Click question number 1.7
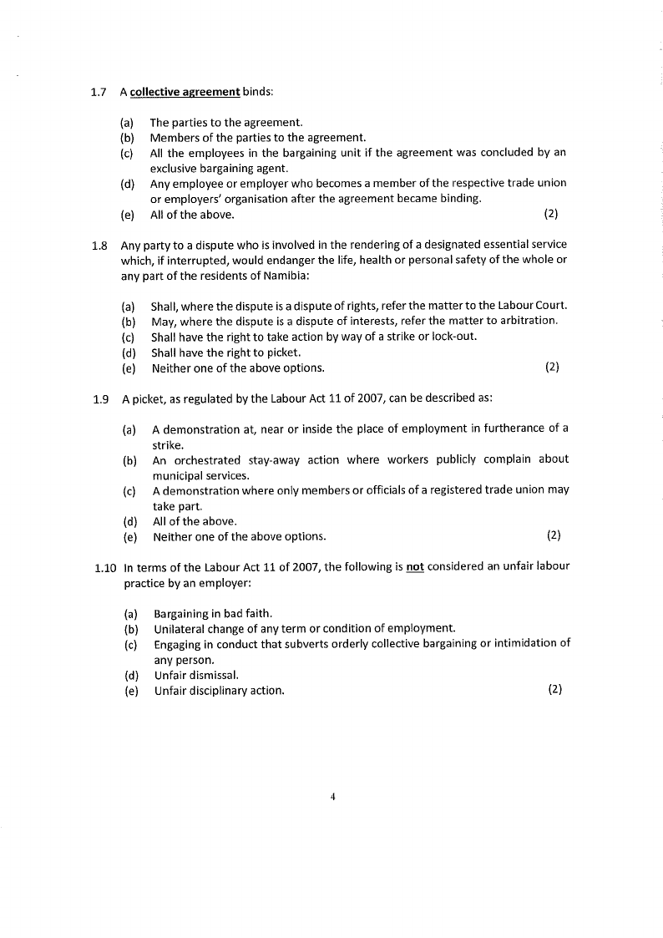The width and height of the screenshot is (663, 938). pos(98,91)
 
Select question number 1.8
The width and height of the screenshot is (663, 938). pos(99,246)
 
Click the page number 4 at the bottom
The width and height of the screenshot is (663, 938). pos(332,797)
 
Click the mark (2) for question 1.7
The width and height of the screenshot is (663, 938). pos(550,214)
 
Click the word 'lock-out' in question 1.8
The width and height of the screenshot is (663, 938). pos(454,337)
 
